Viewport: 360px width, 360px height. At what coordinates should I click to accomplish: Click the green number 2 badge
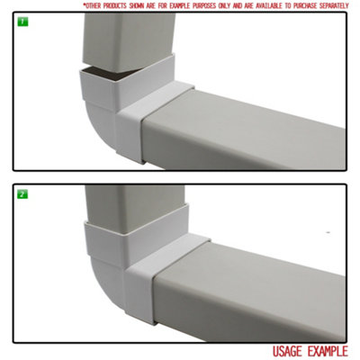[x=20, y=193]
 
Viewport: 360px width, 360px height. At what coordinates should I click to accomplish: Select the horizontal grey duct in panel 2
[x=270, y=283]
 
